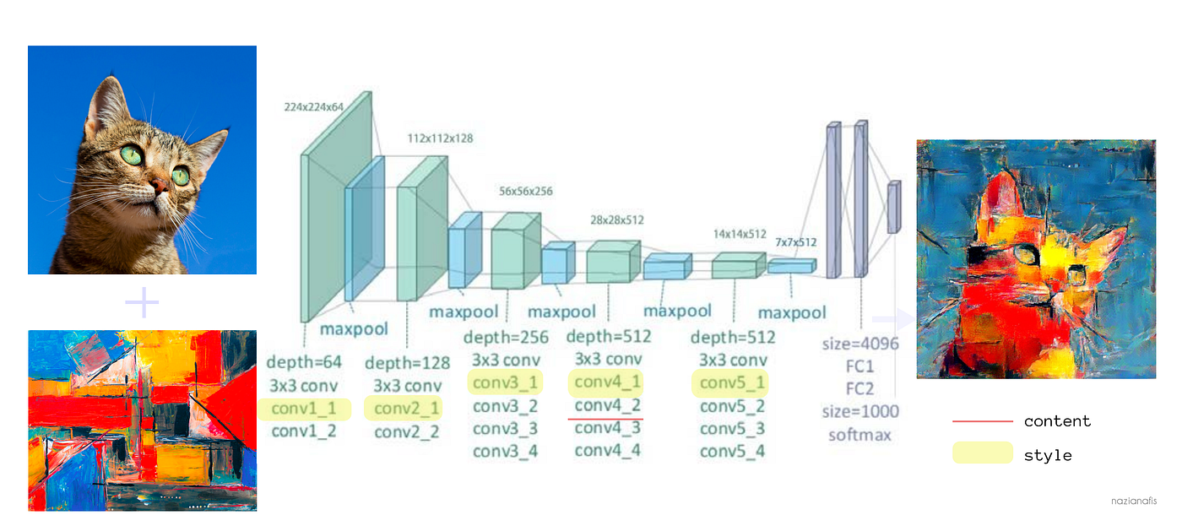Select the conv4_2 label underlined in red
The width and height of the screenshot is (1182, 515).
pyautogui.click(x=607, y=405)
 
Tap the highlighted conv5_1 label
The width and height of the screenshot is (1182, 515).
pyautogui.click(x=732, y=383)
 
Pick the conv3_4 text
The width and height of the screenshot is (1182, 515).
pyautogui.click(x=505, y=451)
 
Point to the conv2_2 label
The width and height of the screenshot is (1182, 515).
pyautogui.click(x=407, y=432)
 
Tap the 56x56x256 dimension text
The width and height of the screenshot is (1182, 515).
pyautogui.click(x=525, y=192)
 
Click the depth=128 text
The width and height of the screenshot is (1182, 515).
pyautogui.click(x=407, y=363)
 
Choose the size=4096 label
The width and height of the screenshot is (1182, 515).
pyautogui.click(x=860, y=344)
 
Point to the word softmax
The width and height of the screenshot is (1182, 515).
pyautogui.click(x=860, y=435)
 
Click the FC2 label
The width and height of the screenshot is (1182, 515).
pyautogui.click(x=860, y=389)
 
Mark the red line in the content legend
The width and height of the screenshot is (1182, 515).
pyautogui.click(x=982, y=421)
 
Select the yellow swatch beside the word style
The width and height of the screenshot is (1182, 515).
pyautogui.click(x=982, y=453)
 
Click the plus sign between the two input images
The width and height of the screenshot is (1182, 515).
pyautogui.click(x=142, y=302)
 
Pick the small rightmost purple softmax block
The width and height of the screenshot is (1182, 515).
pyautogui.click(x=893, y=206)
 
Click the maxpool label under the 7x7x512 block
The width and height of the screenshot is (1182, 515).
pyautogui.click(x=792, y=313)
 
